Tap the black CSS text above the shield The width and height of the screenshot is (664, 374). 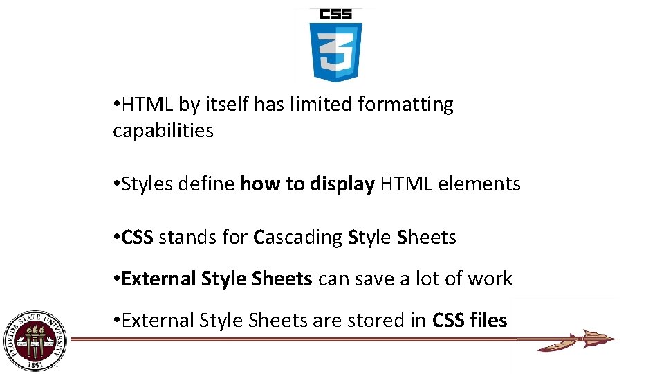point(335,13)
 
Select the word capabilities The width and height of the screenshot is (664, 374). point(163,130)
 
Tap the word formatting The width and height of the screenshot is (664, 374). point(405,105)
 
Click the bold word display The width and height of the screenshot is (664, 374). point(342,184)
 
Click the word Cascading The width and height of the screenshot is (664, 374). point(298,238)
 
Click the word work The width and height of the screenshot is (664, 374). point(490,279)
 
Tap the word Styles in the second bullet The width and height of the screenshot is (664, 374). point(147,184)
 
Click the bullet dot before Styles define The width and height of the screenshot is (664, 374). point(116,184)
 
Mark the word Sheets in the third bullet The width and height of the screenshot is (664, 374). point(427,238)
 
